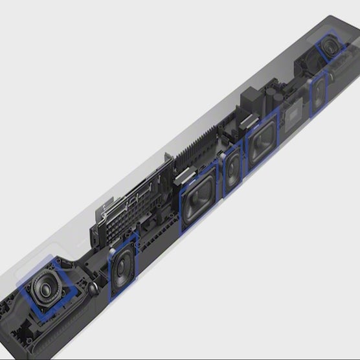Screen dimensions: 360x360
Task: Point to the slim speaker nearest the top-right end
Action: coord(319,95)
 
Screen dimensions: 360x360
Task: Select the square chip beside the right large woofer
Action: coord(293,115)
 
